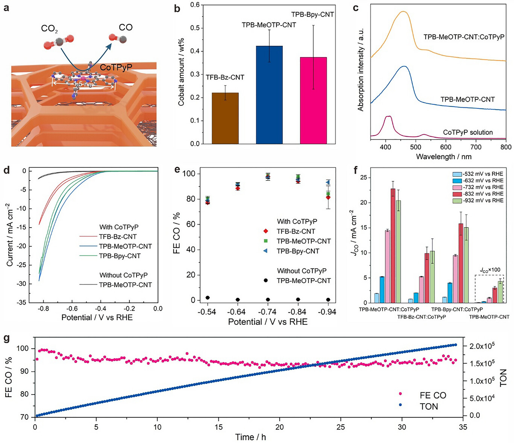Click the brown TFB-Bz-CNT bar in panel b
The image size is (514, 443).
click(225, 118)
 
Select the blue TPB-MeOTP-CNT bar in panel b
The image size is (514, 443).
click(269, 95)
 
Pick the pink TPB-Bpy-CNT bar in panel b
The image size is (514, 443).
click(313, 101)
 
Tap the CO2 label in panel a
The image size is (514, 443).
click(49, 29)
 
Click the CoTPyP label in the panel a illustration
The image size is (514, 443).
click(116, 67)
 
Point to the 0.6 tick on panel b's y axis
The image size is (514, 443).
click(195, 5)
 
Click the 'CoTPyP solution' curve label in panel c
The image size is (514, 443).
click(468, 133)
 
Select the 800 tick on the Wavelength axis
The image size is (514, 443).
click(506, 147)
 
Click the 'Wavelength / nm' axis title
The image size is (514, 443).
click(443, 157)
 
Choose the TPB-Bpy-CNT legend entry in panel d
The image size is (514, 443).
click(120, 256)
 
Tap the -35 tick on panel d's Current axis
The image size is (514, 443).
click(21, 302)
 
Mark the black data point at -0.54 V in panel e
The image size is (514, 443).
click(208, 298)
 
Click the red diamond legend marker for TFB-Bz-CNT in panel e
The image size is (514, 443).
click(266, 231)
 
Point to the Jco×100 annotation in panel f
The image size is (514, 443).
click(490, 270)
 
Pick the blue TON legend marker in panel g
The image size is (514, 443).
click(400, 405)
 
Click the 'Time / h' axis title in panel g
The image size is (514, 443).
click(250, 437)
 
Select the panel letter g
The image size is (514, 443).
click(6, 338)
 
